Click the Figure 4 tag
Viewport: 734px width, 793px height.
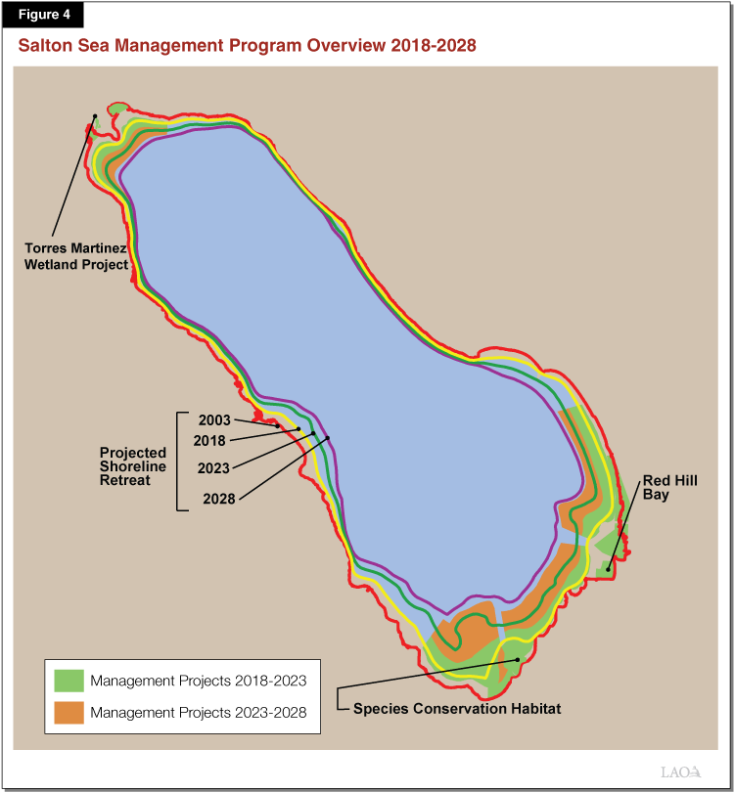[42, 14]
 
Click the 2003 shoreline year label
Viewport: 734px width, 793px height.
[213, 420]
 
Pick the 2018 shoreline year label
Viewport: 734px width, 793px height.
[209, 441]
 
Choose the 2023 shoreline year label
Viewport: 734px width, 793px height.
[213, 468]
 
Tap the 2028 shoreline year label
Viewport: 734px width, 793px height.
[219, 499]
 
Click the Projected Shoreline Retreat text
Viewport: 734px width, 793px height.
[133, 466]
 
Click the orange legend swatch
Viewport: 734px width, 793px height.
[69, 713]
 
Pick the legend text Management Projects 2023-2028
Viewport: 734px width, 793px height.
[199, 713]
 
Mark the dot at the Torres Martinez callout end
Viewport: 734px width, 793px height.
[95, 117]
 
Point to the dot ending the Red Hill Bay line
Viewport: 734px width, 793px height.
[608, 569]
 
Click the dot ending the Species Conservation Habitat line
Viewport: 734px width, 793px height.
[518, 660]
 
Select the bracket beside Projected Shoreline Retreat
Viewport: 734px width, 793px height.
[178, 461]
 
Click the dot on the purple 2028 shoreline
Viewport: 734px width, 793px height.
[328, 438]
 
